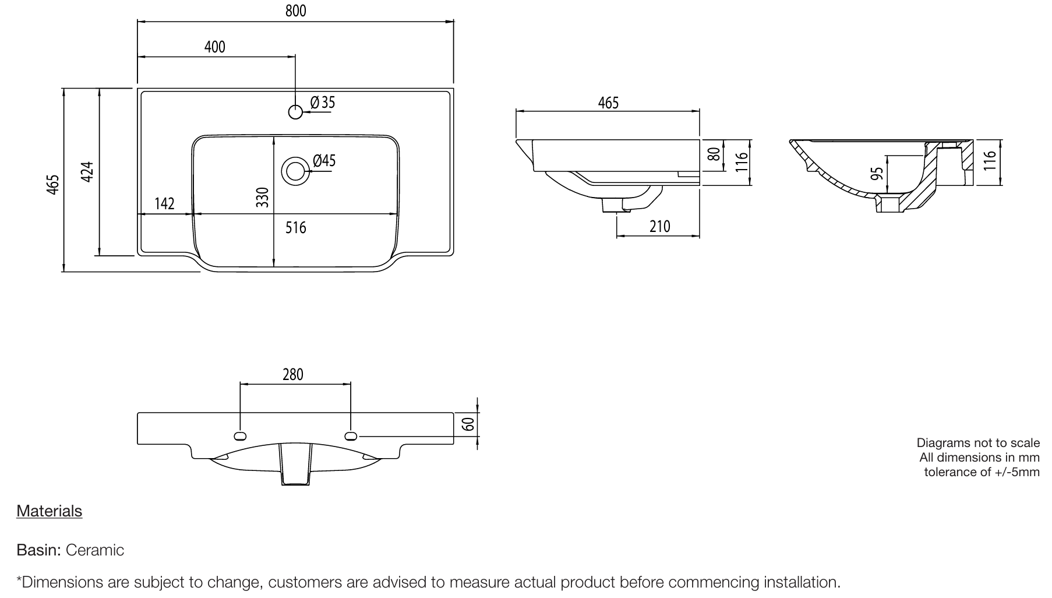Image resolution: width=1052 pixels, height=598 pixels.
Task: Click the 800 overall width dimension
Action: [x=295, y=10]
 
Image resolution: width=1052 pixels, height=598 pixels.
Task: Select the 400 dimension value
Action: [x=214, y=47]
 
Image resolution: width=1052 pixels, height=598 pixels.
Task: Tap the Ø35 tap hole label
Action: [x=323, y=103]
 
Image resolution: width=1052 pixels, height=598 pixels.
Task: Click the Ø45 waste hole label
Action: [x=324, y=160]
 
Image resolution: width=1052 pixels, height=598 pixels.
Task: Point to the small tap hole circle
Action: [x=296, y=111]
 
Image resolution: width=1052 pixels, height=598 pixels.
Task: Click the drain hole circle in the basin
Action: [x=295, y=171]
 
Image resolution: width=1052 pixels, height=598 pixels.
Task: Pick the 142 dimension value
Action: [x=164, y=203]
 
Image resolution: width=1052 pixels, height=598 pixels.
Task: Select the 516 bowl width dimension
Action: [x=295, y=227]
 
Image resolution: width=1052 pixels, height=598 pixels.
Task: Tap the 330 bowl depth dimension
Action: [x=263, y=197]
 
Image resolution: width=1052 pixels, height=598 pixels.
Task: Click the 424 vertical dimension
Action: [x=87, y=172]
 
